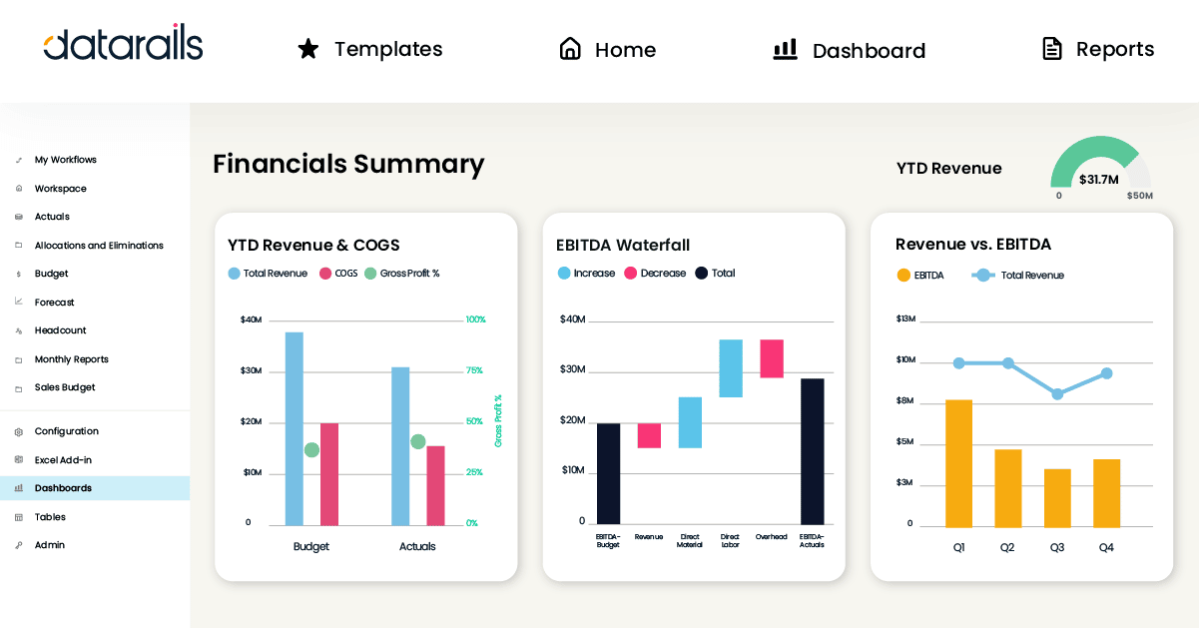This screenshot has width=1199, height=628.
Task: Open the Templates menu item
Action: (x=370, y=49)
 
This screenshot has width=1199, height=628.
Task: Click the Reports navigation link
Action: (x=1097, y=49)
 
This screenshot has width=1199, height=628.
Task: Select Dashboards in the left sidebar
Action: (x=63, y=488)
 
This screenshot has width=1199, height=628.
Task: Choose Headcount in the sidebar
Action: (x=60, y=330)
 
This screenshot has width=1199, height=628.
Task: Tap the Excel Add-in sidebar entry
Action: (x=63, y=460)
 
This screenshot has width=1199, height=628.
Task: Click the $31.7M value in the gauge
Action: (x=1098, y=180)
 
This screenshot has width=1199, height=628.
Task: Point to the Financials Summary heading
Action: (x=348, y=164)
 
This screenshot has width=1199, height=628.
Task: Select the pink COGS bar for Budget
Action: (x=329, y=473)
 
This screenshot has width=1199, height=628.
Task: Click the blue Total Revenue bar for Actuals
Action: (x=400, y=445)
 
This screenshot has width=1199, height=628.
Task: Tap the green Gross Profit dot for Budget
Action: (x=311, y=450)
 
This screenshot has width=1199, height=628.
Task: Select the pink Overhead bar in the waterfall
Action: (x=772, y=358)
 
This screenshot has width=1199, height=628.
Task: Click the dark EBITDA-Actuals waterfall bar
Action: (x=813, y=451)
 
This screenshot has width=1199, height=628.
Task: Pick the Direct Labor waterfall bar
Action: (x=731, y=368)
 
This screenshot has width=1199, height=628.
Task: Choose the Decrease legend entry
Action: (x=655, y=274)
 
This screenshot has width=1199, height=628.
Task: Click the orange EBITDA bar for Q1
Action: (x=958, y=463)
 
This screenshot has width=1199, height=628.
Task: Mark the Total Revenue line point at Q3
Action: (x=1057, y=394)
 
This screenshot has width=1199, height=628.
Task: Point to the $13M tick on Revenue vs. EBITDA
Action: (x=905, y=318)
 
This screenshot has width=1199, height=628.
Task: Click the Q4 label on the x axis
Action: (x=1106, y=548)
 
